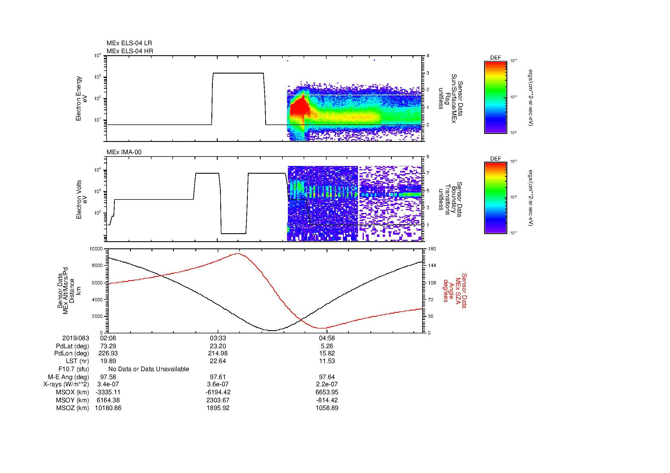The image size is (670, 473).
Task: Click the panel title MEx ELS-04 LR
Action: [x=129, y=43]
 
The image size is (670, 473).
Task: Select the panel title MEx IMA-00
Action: [x=124, y=152]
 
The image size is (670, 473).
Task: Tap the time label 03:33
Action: [x=218, y=338]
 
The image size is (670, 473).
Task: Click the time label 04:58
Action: [x=327, y=338]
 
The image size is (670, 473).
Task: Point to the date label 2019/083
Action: [x=76, y=338]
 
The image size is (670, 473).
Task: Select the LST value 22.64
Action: [x=218, y=361]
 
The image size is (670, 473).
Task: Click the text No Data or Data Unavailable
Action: [x=149, y=369]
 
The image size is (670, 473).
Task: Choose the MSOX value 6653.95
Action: [x=327, y=392]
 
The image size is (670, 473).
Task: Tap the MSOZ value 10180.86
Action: [x=108, y=408]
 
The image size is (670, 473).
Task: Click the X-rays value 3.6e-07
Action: [x=218, y=384]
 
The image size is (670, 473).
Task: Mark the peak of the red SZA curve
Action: [x=238, y=254]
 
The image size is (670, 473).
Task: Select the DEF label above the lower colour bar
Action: [x=495, y=159]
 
